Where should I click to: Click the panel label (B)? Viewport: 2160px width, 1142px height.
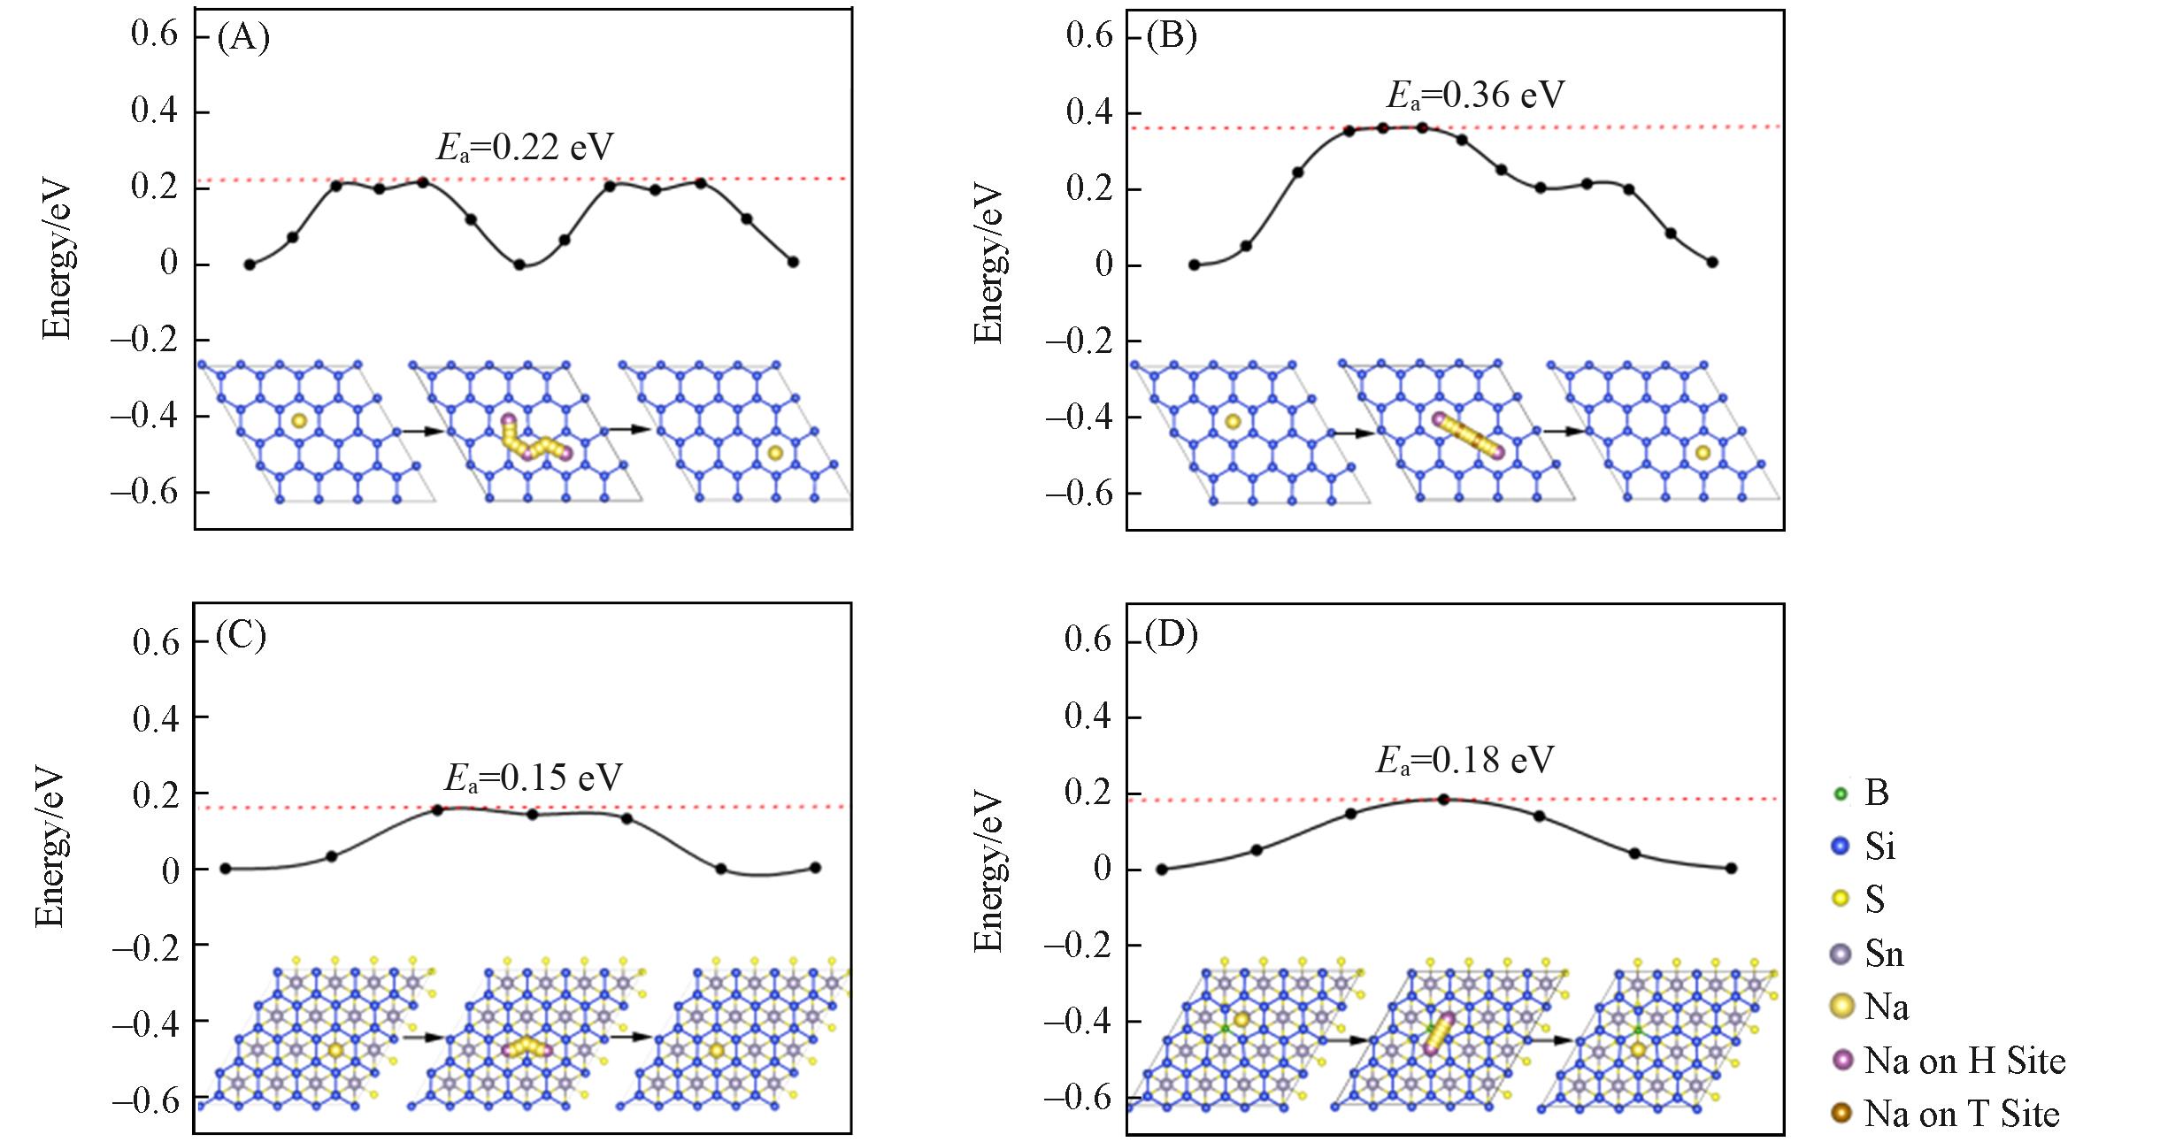point(1171,37)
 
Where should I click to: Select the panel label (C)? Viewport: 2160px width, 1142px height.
point(241,636)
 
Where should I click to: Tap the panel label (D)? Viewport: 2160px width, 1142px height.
point(1171,636)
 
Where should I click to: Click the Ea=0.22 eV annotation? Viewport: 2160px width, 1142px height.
point(525,148)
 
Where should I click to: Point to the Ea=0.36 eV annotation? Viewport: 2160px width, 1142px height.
point(1475,95)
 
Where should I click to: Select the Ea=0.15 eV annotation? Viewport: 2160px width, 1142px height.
point(533,778)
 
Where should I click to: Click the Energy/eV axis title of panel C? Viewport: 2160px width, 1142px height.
point(50,847)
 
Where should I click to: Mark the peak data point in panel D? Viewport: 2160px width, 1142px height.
point(1444,799)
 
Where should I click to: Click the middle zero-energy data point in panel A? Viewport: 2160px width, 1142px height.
point(519,264)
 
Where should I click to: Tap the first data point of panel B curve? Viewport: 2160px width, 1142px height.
point(1194,264)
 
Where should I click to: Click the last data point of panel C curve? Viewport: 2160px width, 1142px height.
point(815,868)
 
